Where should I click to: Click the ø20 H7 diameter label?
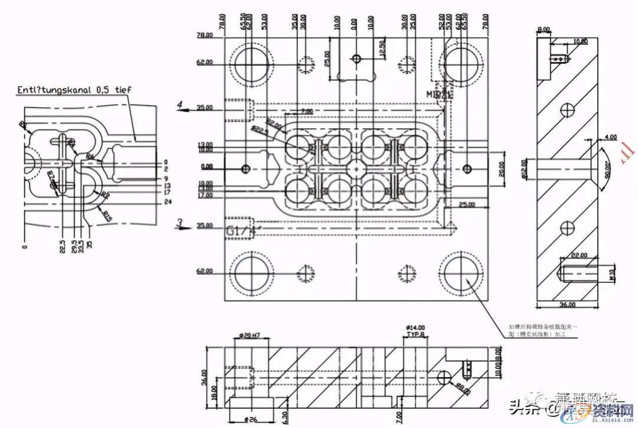point(248,336)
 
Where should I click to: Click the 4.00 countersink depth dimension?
point(610,138)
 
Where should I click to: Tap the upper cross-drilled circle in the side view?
point(568,109)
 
